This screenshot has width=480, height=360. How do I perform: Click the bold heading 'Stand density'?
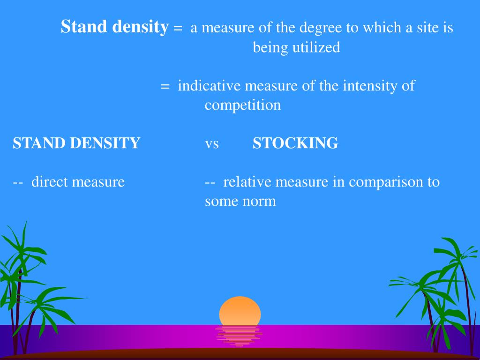114,27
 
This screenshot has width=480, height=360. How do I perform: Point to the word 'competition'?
242,105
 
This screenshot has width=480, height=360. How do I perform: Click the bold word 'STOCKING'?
295,143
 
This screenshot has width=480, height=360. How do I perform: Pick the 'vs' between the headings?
211,143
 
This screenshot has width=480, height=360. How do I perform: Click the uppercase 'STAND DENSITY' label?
76,143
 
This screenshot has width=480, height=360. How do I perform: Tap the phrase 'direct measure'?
78,181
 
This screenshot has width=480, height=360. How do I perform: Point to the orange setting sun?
240,311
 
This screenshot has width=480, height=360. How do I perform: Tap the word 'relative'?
247,181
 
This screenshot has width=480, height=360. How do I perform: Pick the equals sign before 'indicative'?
165,87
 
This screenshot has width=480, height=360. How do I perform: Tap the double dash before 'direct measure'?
18,182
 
